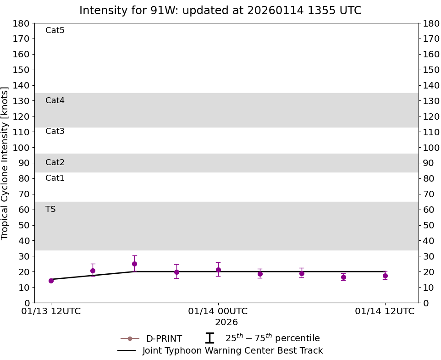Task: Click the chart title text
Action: pos(220,11)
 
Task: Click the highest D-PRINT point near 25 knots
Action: pos(134,264)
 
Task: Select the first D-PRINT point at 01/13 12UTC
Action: pos(51,281)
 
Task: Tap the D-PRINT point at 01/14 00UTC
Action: pos(218,270)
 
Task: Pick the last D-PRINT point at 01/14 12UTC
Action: pos(385,276)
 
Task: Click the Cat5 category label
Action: pos(55,31)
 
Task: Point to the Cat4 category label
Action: pos(55,100)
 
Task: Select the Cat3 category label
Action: pos(55,132)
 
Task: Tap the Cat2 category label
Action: pos(55,162)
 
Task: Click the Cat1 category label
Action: pos(55,178)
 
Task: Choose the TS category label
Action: pos(50,209)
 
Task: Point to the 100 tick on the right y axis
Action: pos(431,148)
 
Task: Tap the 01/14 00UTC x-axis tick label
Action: pos(218,311)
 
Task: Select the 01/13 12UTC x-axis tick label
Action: pos(51,311)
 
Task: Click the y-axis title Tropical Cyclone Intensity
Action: pos(6,163)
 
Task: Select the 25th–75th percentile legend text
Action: pos(272,338)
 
